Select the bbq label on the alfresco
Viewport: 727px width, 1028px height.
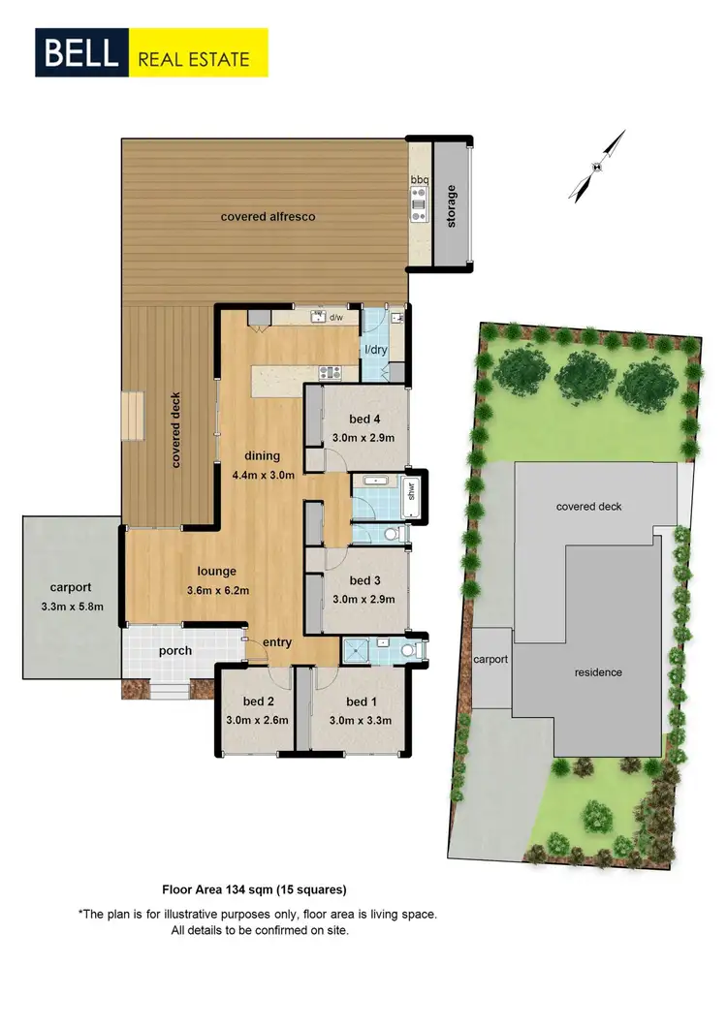(x=419, y=180)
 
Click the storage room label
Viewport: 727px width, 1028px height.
(x=450, y=206)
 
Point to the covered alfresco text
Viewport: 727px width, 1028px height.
(x=268, y=216)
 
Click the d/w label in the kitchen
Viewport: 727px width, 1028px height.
(x=336, y=317)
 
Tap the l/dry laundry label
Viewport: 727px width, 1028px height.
(x=375, y=350)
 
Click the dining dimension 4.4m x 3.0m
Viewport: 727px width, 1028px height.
(x=263, y=474)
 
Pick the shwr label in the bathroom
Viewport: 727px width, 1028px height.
(x=411, y=489)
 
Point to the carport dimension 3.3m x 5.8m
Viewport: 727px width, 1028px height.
(x=70, y=607)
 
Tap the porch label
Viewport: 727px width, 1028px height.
(x=176, y=651)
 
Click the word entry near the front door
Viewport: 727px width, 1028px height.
(x=277, y=641)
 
